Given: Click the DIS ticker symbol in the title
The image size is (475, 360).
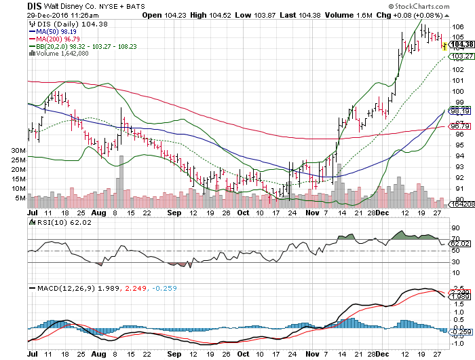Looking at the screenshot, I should pos(36,5).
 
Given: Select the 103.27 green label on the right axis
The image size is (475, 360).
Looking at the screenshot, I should pos(461,57).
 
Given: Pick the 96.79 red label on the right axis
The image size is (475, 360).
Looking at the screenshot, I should pos(461,126).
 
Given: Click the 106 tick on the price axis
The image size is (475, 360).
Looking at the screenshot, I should pos(458,27).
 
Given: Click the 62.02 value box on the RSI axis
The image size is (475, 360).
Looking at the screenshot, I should pos(461,242).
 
